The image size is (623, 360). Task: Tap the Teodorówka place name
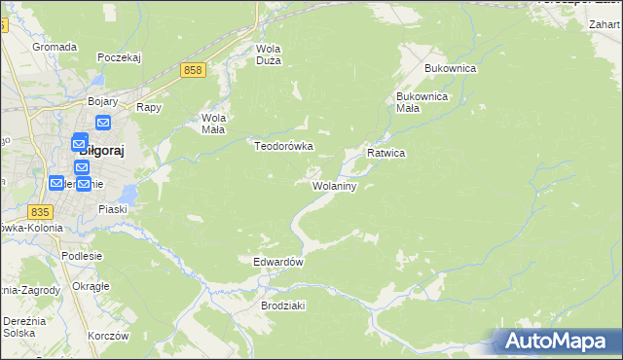(283, 146)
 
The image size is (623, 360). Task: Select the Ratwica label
(385, 154)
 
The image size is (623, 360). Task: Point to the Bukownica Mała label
(421, 102)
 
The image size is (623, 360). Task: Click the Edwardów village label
(278, 263)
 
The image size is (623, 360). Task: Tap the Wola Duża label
(268, 55)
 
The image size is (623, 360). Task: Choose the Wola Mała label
(213, 125)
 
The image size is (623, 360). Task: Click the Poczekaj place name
(120, 57)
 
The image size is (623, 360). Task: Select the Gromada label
(55, 47)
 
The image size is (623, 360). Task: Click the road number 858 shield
(192, 70)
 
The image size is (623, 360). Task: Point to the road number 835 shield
(40, 212)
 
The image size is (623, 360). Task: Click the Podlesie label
(82, 256)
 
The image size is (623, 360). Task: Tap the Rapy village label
(148, 108)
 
